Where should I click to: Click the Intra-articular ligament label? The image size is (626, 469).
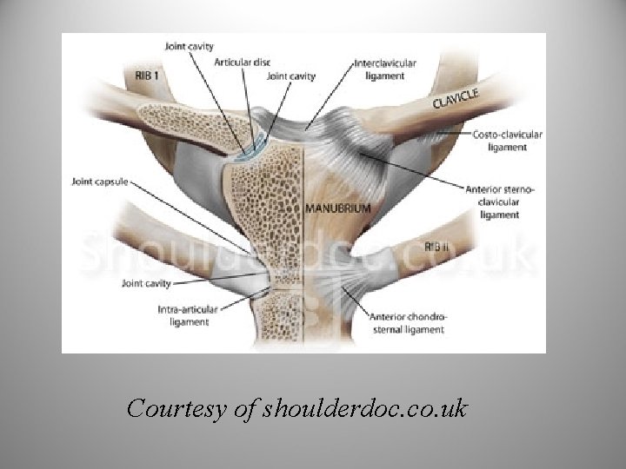click(183, 315)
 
